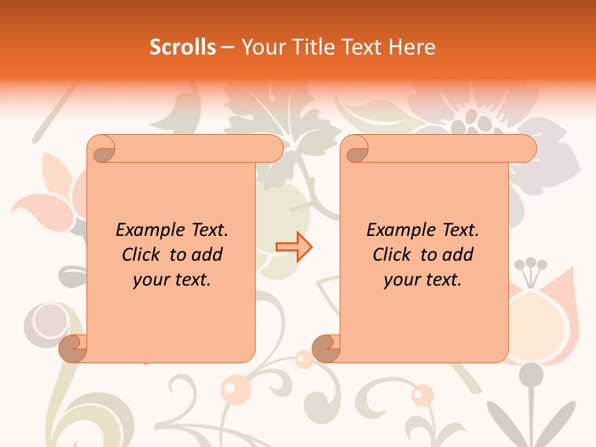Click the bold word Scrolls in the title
(x=183, y=47)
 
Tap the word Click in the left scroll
(x=142, y=255)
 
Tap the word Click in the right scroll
(x=392, y=255)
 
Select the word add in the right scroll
(x=459, y=255)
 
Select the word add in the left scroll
(x=208, y=255)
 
